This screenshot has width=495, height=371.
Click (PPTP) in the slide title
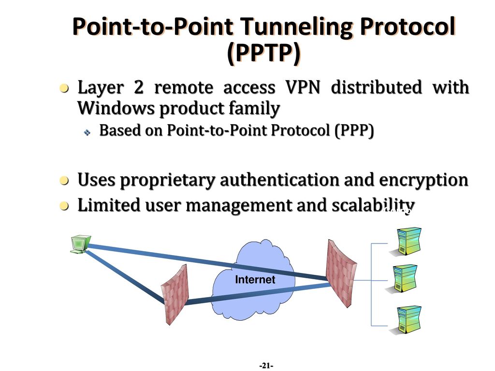(263, 53)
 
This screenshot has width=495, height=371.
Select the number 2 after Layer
(139, 87)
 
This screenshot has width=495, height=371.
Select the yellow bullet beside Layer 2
(64, 88)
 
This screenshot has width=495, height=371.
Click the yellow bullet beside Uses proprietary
(64, 181)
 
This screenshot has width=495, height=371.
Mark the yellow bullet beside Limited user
(64, 206)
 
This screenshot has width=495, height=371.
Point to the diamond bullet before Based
(87, 132)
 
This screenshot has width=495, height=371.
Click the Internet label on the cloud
(255, 280)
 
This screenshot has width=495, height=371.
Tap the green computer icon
(80, 244)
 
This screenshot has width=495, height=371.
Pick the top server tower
(407, 242)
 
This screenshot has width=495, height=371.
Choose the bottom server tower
(407, 320)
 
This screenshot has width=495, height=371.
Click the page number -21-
(266, 366)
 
